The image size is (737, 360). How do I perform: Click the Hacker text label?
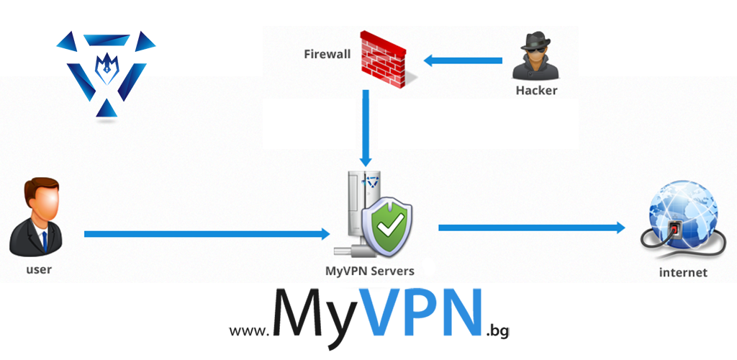(x=536, y=91)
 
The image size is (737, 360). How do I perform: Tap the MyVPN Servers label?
(x=369, y=271)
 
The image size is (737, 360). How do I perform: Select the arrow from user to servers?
(x=206, y=234)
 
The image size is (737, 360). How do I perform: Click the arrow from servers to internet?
(x=531, y=228)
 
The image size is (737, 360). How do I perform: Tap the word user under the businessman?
(x=39, y=270)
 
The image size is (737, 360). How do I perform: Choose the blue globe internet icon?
(x=680, y=220)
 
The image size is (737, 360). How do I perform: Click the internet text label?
(x=683, y=272)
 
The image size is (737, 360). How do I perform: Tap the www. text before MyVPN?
(x=248, y=330)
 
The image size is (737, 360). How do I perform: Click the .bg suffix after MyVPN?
(x=497, y=330)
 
